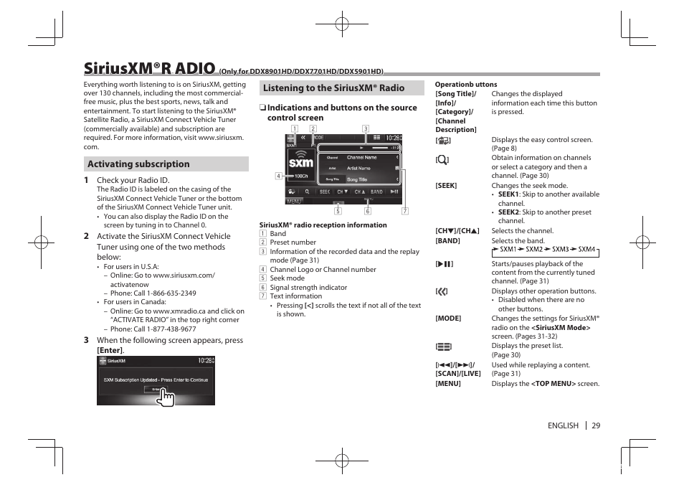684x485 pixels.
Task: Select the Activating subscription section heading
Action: click(x=138, y=164)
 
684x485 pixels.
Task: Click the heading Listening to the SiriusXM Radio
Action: click(x=333, y=88)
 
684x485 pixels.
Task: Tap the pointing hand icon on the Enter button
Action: click(x=166, y=395)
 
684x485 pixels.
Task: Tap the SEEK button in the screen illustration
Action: click(x=325, y=192)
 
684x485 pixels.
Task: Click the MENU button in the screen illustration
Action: click(x=295, y=202)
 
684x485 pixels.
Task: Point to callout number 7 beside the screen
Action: click(x=404, y=211)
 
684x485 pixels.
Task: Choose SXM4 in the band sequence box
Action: click(x=586, y=250)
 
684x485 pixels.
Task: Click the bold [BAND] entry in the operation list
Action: click(x=447, y=241)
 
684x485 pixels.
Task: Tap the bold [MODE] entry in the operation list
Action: click(x=448, y=319)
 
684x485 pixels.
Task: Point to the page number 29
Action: click(x=596, y=425)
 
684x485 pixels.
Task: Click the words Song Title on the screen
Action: click(x=357, y=179)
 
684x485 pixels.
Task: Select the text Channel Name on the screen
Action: click(x=361, y=157)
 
